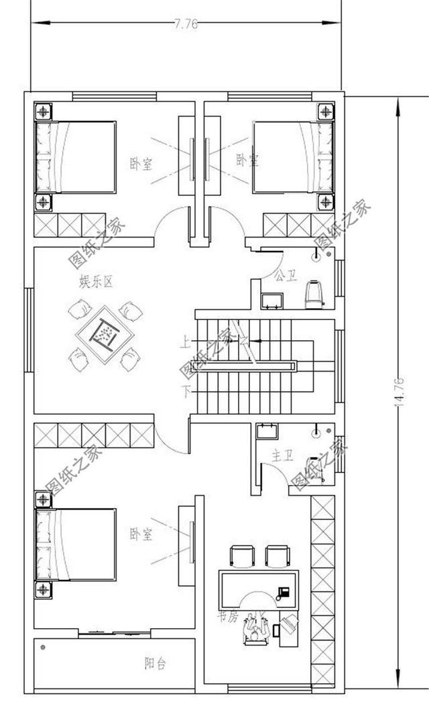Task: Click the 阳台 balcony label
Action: click(x=155, y=664)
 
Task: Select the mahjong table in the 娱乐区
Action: click(x=105, y=334)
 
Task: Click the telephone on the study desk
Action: click(x=283, y=593)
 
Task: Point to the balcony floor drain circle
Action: click(x=43, y=648)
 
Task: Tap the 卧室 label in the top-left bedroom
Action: click(x=141, y=164)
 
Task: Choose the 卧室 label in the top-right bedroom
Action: click(x=247, y=160)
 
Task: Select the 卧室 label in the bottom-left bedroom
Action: click(x=141, y=535)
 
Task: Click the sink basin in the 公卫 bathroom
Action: click(x=272, y=300)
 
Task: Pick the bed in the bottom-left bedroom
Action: click(x=76, y=544)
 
